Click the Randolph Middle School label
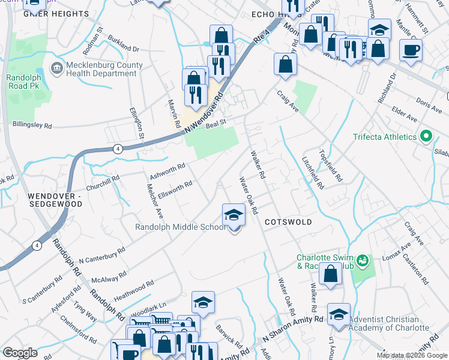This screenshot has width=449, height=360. click(x=180, y=227)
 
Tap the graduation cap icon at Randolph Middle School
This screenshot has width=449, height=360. click(x=234, y=215)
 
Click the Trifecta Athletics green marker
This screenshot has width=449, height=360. click(x=426, y=137)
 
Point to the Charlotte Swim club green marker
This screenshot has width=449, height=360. click(x=362, y=260)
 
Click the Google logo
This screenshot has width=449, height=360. click(x=20, y=352)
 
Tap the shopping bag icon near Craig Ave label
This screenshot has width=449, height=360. click(x=285, y=64)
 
